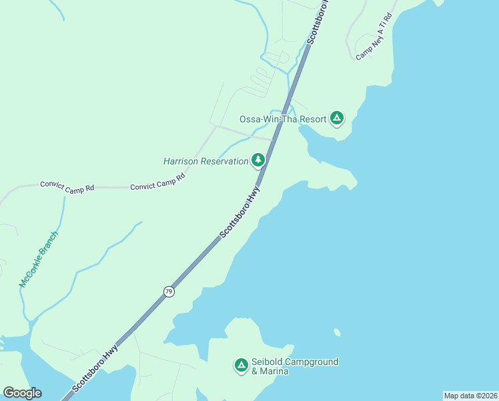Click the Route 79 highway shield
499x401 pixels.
coord(169,292)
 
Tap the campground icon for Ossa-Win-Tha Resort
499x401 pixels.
coord(338,119)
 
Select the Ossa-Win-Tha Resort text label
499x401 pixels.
coord(283,119)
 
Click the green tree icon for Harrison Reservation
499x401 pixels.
coord(258,160)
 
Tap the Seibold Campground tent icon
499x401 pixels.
coord(241,366)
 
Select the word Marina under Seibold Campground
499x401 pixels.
coord(274,371)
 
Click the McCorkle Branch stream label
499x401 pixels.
coord(39,259)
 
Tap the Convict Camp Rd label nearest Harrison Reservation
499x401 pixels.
coord(157,183)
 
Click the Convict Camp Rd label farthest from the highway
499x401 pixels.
coord(67,186)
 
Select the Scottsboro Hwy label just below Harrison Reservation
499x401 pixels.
coord(239,213)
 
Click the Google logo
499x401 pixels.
coord(22,393)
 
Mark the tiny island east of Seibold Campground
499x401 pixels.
coord(338,332)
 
